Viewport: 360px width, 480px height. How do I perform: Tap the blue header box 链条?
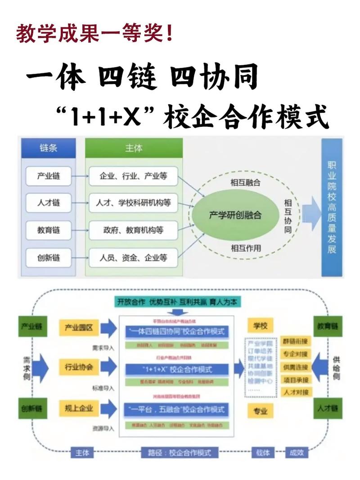[49, 148]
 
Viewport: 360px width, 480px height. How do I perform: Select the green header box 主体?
[134, 148]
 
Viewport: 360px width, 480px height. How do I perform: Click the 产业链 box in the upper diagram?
[49, 176]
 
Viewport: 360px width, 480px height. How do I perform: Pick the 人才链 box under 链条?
[49, 203]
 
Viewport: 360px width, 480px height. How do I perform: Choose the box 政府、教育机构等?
[133, 231]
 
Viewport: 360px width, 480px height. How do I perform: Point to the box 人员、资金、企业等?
[133, 258]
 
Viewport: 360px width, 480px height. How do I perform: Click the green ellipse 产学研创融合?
[235, 215]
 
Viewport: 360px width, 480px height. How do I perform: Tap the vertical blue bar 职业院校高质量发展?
[332, 207]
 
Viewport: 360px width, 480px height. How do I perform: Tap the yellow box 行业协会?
[79, 367]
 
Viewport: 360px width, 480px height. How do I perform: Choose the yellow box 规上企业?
[79, 408]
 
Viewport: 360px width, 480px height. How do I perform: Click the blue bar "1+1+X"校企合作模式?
[177, 369]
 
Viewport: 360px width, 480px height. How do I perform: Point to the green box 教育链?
[328, 326]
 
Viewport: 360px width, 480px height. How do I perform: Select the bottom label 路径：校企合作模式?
[176, 452]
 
